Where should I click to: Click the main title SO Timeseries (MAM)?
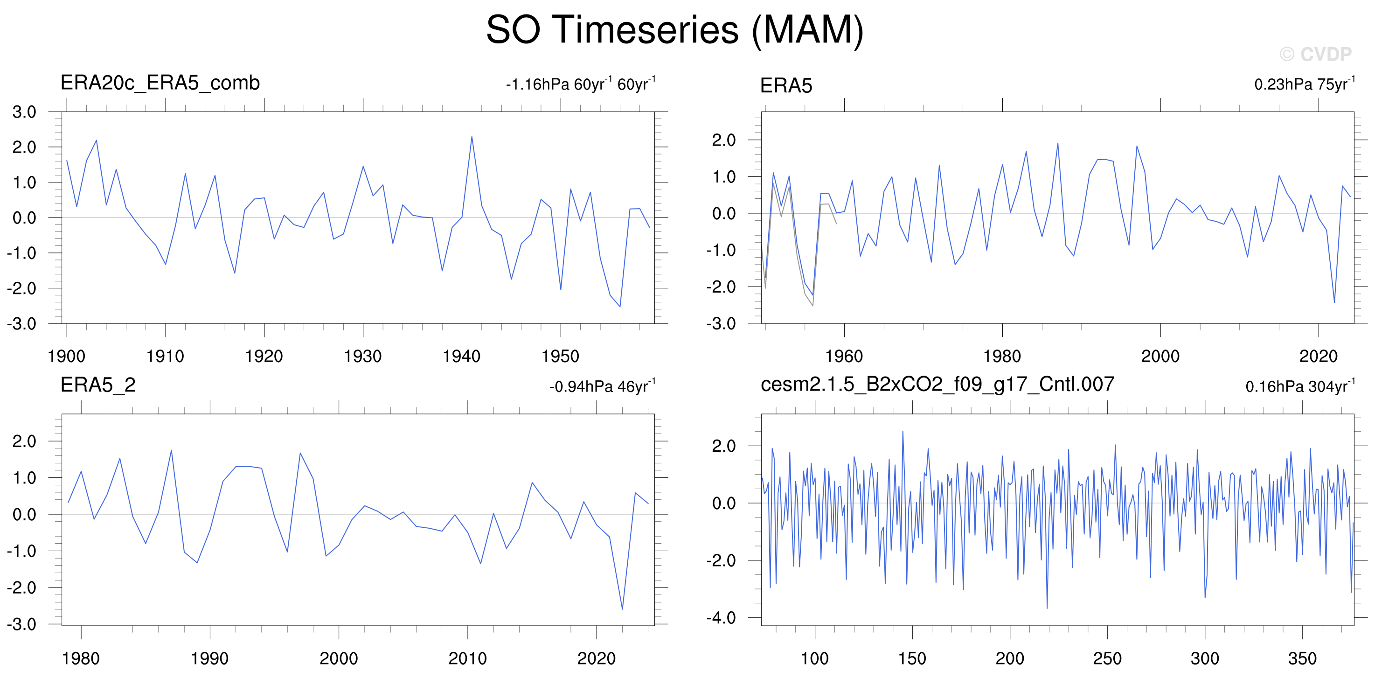click(675, 30)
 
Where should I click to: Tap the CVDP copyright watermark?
click(1315, 54)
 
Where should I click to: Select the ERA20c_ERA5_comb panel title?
click(160, 83)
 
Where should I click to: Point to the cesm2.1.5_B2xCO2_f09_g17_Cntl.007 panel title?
click(937, 384)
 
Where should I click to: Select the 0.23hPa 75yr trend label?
click(1305, 84)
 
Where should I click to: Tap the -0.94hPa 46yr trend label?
click(603, 386)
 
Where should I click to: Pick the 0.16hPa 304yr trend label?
click(1300, 386)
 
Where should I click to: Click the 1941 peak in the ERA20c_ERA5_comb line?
click(472, 137)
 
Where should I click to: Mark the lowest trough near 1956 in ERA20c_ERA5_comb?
click(620, 307)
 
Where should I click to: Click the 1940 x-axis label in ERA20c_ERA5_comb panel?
click(462, 357)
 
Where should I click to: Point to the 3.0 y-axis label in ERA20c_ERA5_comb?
click(24, 112)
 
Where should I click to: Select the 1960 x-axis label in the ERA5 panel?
click(844, 357)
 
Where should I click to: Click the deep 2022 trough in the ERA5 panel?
click(1334, 303)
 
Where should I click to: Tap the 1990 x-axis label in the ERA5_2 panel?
click(210, 658)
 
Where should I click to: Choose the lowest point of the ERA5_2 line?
click(622, 609)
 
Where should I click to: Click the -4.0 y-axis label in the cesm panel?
click(721, 617)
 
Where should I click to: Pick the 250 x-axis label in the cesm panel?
click(1108, 658)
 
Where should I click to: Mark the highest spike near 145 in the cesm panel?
click(903, 431)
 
